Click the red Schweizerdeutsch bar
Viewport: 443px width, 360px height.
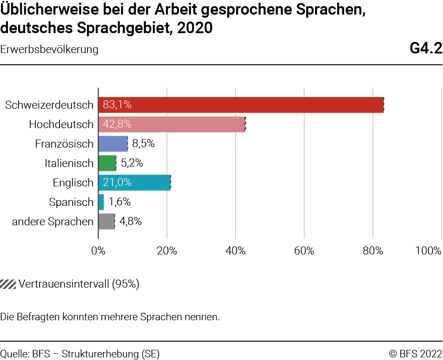(240, 105)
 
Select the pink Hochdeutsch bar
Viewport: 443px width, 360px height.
(172, 124)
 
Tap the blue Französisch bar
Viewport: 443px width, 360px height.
(113, 144)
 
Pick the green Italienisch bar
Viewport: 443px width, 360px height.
(107, 163)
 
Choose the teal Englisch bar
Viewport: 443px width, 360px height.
(134, 182)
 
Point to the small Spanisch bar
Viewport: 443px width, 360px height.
(101, 202)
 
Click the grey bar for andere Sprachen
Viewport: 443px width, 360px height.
(106, 221)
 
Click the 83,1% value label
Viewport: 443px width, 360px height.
(117, 105)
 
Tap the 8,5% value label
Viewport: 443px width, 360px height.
(143, 144)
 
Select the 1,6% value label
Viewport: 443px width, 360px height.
(120, 202)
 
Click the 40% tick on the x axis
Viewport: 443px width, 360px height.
(236, 251)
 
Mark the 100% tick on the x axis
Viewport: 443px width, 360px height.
(428, 251)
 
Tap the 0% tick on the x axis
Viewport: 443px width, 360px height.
(98, 251)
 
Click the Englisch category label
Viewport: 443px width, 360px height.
(73, 182)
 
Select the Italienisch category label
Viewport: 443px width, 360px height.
(69, 163)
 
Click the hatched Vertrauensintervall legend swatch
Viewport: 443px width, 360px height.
(8, 284)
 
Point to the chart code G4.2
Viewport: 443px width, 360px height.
(425, 49)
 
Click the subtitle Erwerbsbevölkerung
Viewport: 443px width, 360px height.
(49, 49)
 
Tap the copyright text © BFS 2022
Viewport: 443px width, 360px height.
(415, 353)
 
